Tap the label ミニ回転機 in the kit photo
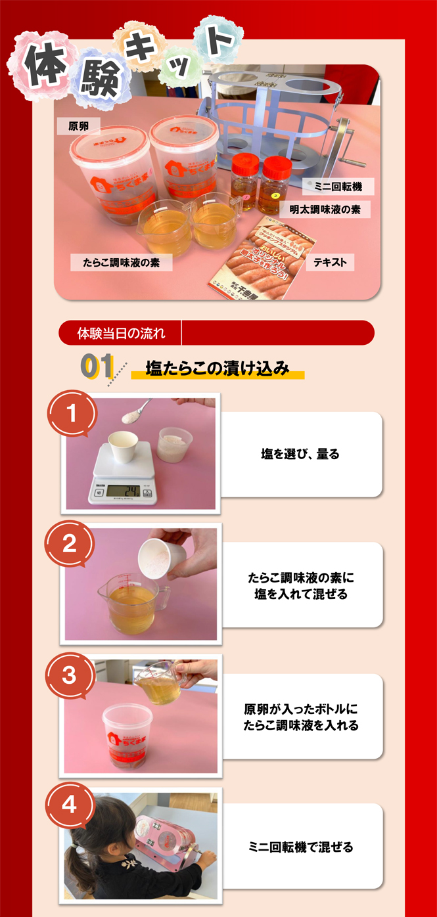tap(338, 187)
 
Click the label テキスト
tap(330, 263)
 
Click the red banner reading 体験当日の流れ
tap(122, 333)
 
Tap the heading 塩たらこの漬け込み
tap(217, 369)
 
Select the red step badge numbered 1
tap(72, 414)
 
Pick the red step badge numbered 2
tap(70, 544)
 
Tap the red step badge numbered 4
tap(70, 805)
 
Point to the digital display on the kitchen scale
tap(124, 490)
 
